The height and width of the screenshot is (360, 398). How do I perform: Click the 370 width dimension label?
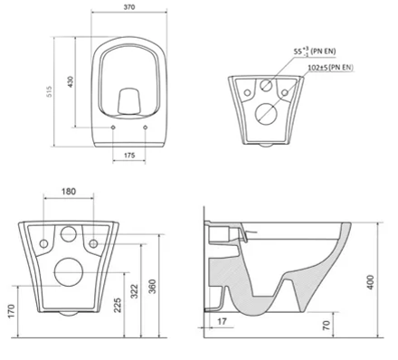coord(129,7)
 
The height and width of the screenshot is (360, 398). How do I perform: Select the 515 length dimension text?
coord(49,91)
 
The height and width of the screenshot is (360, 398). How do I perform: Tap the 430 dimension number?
coord(71,81)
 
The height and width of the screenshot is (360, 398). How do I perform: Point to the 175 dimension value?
coord(129,156)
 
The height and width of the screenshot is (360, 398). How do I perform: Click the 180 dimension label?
coord(69,192)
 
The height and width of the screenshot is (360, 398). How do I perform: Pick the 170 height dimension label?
coord(11,312)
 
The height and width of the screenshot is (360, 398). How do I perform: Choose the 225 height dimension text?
coord(118,305)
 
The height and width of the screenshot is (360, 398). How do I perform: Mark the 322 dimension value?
coord(135,291)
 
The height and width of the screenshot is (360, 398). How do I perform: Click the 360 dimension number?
coord(153,287)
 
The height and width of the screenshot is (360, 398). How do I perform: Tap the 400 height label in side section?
coord(371,282)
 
